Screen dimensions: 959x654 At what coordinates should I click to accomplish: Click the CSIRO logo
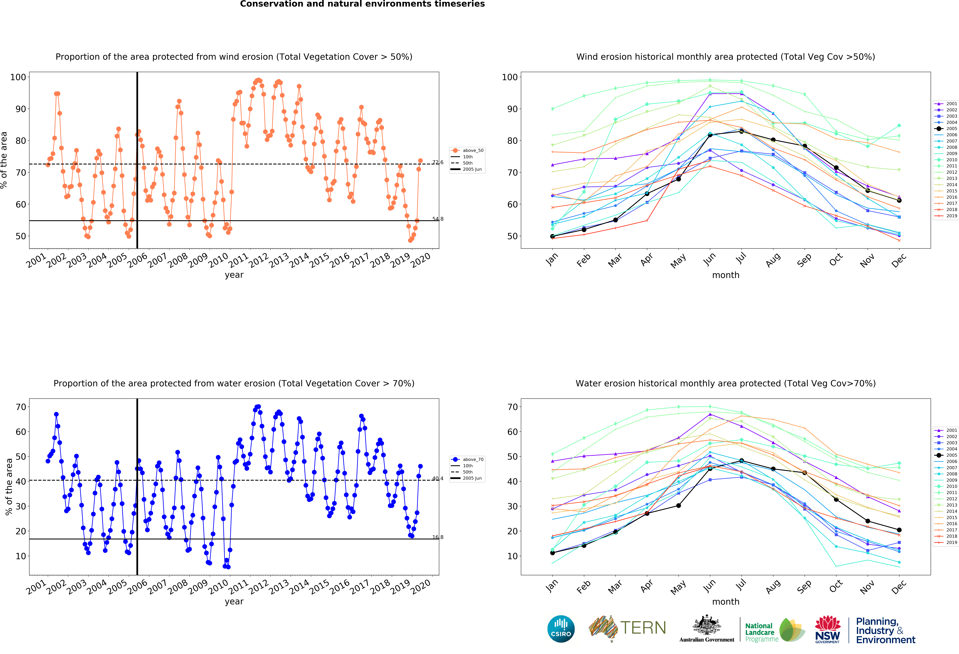click(561, 629)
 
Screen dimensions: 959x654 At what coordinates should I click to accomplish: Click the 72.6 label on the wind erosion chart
click(438, 162)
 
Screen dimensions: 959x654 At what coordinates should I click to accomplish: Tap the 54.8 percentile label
click(438, 219)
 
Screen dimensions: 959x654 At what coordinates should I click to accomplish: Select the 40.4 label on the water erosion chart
click(438, 478)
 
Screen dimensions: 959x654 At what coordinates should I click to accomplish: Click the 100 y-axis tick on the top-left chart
click(18, 77)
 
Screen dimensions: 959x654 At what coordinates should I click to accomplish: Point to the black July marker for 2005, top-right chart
click(742, 131)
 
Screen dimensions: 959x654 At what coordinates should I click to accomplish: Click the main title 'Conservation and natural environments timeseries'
click(362, 4)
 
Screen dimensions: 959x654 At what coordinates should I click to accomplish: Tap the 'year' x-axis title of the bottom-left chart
click(234, 602)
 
